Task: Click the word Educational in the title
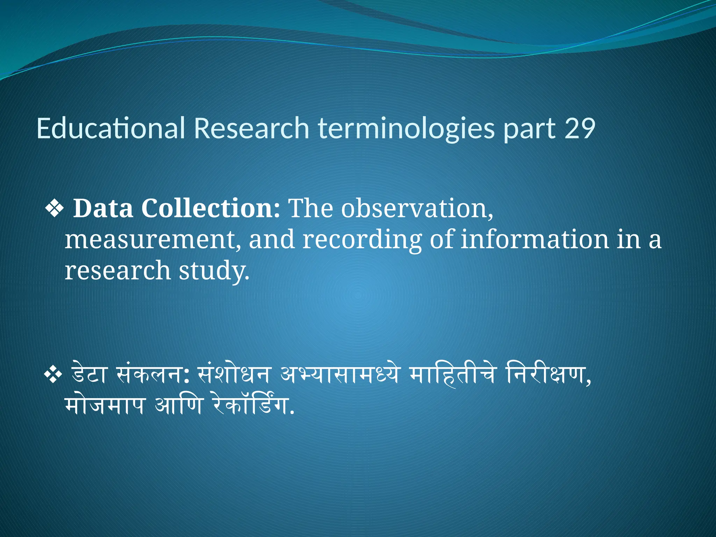pos(110,128)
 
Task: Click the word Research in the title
pos(251,128)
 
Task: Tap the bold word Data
pos(103,209)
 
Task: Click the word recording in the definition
pos(362,241)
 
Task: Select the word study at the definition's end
pos(214,271)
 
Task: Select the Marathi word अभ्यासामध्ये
pos(339,375)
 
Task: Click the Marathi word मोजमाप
pos(105,406)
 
